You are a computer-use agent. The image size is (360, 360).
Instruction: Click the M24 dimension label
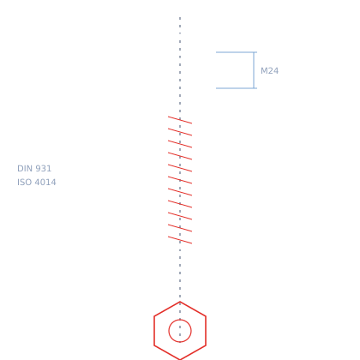click(x=269, y=71)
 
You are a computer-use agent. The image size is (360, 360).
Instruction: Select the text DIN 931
click(x=34, y=169)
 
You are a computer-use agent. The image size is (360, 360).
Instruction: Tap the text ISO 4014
click(x=37, y=183)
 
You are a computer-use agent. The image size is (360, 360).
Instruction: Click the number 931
click(x=43, y=169)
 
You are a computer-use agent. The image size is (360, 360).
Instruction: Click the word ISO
click(x=24, y=183)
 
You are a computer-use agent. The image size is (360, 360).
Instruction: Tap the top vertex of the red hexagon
click(x=180, y=302)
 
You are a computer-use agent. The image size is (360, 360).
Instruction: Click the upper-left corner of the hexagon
click(x=154, y=316)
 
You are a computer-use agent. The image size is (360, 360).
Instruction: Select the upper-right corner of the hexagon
click(x=206, y=316)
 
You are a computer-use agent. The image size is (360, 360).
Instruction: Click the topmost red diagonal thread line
click(x=180, y=120)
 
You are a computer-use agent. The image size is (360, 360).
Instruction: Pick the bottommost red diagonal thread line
click(x=180, y=240)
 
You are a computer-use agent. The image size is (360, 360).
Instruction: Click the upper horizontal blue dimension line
click(x=237, y=52)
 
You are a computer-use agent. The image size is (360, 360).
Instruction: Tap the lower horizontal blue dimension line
click(x=237, y=88)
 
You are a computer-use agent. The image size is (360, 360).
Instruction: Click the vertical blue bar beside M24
click(x=254, y=70)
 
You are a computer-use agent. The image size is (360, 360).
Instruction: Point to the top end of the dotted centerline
click(x=180, y=17)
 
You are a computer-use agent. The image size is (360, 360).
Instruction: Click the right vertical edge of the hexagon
click(x=206, y=331)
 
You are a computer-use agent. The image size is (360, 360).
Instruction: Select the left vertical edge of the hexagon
click(x=154, y=331)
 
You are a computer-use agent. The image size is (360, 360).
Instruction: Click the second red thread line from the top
click(x=180, y=132)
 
